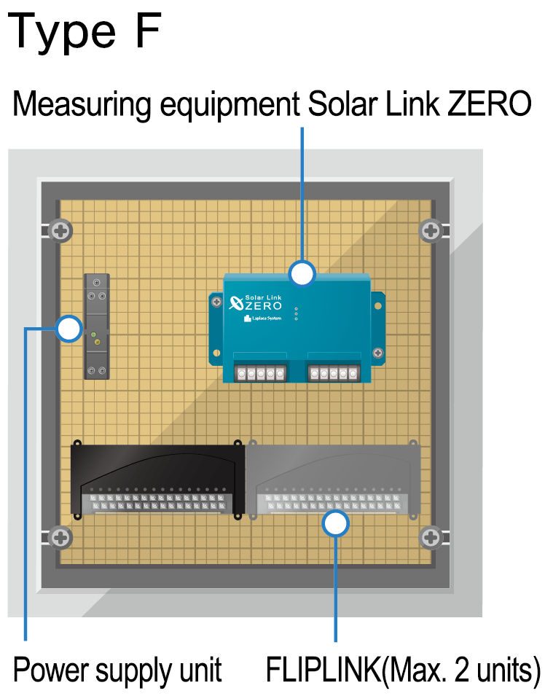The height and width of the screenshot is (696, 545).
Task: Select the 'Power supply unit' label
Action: click(117, 668)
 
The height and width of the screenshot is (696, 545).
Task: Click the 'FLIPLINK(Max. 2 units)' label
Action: click(403, 668)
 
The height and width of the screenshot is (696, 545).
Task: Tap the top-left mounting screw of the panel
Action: click(61, 232)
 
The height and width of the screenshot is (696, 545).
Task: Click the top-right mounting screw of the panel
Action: click(431, 232)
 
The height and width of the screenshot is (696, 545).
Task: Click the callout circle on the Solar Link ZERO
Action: click(302, 274)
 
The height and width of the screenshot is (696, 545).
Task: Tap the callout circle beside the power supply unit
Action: click(69, 329)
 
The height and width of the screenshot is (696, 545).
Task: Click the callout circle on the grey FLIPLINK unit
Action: click(335, 523)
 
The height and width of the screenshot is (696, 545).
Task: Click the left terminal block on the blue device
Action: click(259, 373)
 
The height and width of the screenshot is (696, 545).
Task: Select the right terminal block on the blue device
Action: click(334, 373)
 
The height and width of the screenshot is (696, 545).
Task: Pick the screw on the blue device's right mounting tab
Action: click(377, 353)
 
